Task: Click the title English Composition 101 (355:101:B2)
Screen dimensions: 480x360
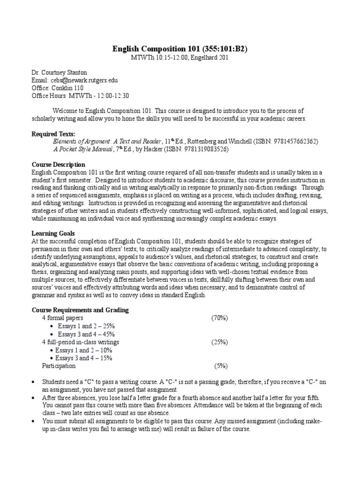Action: coord(180,49)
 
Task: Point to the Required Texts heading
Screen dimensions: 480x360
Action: coord(53,134)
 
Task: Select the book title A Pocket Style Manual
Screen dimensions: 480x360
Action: coord(83,149)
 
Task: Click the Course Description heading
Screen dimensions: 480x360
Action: coord(58,165)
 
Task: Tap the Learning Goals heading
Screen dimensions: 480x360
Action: coord(53,233)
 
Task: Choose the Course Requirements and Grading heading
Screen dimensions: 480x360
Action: coord(80,310)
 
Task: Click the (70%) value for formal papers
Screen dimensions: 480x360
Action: coord(219,318)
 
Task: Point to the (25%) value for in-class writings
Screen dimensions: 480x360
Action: coord(219,342)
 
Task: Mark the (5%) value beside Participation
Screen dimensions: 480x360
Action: coord(221,366)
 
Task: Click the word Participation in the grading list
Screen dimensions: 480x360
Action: coord(59,366)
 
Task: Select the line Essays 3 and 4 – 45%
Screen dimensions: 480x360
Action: coord(86,334)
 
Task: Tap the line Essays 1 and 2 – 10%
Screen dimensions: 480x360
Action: coord(84,350)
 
